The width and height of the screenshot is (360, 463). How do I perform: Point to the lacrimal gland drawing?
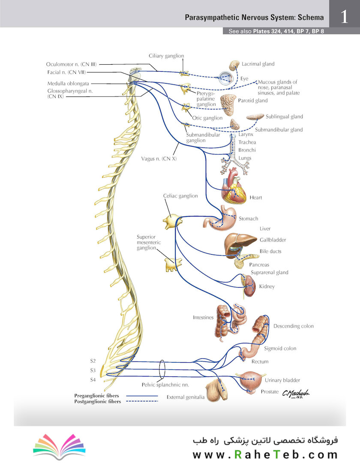click(234, 65)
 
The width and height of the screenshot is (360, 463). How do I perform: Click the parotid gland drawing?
click(228, 105)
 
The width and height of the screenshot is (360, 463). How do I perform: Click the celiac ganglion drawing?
click(173, 222)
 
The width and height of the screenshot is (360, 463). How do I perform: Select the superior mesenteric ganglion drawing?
click(173, 265)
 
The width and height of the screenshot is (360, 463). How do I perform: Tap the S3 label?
click(93, 370)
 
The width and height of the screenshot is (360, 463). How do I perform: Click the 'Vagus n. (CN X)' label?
click(159, 159)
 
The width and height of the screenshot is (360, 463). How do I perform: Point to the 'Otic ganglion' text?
click(207, 118)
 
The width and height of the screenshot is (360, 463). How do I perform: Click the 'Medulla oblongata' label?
click(68, 84)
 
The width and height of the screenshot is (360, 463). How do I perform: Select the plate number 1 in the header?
click(345, 17)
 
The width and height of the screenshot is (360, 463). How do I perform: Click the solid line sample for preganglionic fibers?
click(142, 396)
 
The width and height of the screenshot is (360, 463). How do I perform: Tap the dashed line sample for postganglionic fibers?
click(142, 401)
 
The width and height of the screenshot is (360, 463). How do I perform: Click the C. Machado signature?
click(296, 394)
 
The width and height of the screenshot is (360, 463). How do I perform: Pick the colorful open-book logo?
click(59, 446)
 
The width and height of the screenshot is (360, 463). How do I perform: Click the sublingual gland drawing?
click(255, 117)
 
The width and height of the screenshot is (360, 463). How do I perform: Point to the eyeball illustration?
click(226, 78)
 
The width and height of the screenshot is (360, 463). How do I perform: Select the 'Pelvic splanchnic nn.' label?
click(165, 385)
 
